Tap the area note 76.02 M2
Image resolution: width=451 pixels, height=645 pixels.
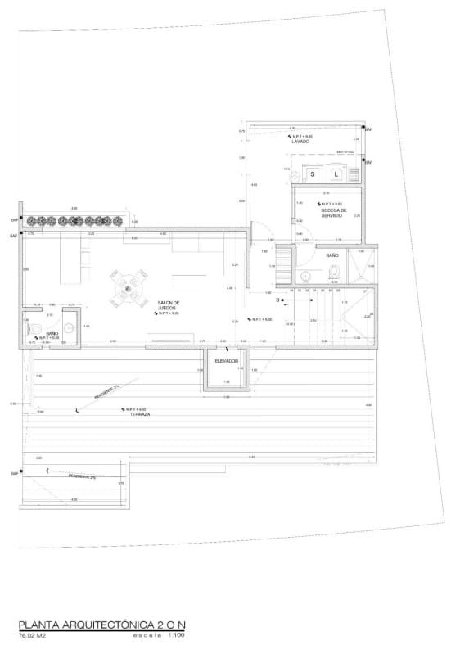coord(34,634)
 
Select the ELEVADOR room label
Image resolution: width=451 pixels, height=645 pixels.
coord(227,361)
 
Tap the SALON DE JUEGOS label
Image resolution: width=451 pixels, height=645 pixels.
coord(169,305)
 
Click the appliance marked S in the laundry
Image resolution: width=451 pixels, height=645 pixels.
coord(313,174)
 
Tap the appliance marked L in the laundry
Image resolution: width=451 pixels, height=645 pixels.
coord(335,174)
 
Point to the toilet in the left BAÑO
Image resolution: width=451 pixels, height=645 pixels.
coord(34,327)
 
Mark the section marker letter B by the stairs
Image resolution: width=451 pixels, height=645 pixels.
coord(278,300)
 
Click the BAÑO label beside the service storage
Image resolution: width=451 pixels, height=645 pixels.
coord(332,256)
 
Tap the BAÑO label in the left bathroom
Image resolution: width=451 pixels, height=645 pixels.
coord(52,333)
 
